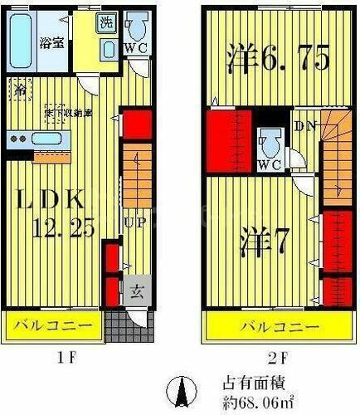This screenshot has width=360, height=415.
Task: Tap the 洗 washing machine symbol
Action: click(x=107, y=23)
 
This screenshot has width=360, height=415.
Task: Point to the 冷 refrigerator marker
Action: click(x=18, y=85)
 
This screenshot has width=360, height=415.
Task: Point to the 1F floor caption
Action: click(x=80, y=359)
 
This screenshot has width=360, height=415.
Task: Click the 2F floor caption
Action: click(x=278, y=359)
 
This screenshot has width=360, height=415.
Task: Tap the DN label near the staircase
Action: click(x=304, y=127)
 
